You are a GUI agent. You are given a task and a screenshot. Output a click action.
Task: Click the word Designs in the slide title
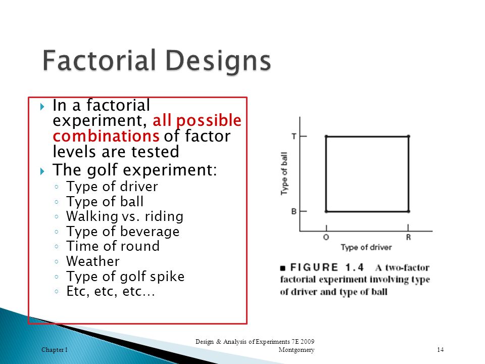[218, 62]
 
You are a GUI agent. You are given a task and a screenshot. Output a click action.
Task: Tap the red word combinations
[106, 136]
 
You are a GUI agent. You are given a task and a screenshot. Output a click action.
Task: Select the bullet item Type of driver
[112, 187]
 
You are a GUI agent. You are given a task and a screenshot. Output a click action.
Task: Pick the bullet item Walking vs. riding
[125, 216]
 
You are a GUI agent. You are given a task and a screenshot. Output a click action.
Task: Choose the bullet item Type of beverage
[123, 232]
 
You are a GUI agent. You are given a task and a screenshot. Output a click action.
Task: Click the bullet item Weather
[93, 261]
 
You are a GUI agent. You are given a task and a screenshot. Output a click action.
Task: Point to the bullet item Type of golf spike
[125, 277]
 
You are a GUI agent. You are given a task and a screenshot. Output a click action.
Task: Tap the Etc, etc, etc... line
[111, 291]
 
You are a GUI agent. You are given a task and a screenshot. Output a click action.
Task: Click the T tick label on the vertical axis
[294, 136]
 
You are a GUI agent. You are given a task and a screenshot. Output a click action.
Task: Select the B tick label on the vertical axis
[294, 211]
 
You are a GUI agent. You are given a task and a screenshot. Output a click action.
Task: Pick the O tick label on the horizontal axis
[326, 238]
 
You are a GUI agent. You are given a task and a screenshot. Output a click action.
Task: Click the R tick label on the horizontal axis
[408, 238]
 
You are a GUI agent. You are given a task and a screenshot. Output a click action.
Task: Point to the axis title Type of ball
[284, 173]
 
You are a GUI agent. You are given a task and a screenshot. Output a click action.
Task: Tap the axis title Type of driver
[366, 247]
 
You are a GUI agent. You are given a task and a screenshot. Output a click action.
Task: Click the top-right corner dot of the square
[409, 136]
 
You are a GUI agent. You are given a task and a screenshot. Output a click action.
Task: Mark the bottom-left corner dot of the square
[326, 211]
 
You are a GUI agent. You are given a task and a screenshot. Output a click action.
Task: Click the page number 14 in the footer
[441, 350]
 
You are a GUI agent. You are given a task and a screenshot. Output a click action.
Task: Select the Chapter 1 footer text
[55, 350]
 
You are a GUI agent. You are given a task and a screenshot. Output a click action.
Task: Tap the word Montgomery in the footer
[297, 350]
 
